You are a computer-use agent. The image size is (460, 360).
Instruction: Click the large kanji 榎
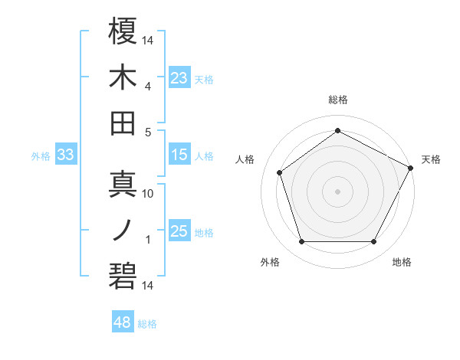[x=123, y=31]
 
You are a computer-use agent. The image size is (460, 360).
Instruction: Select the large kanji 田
[x=123, y=123]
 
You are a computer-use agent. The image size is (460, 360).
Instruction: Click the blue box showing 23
[x=179, y=77]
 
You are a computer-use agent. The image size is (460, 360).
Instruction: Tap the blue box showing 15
[x=179, y=155]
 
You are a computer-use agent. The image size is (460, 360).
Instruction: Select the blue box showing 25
[x=179, y=231]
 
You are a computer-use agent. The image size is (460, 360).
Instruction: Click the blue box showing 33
[x=66, y=155]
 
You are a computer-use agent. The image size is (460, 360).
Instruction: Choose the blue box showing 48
[x=123, y=322]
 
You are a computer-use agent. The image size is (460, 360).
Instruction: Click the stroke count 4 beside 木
[x=147, y=87]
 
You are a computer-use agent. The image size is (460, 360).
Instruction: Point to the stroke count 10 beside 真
[x=148, y=194]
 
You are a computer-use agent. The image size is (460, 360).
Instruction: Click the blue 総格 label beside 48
[x=147, y=324]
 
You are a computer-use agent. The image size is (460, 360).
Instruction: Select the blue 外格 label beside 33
[x=41, y=156]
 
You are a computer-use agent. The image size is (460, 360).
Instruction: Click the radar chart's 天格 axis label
[x=431, y=159]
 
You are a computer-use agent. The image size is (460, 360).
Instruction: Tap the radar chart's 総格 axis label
[x=338, y=100]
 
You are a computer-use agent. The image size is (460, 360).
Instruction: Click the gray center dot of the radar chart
[x=338, y=191]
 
